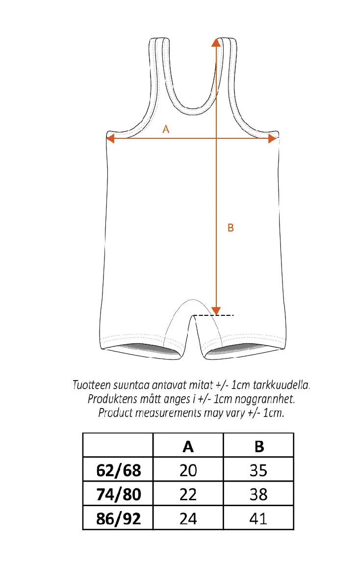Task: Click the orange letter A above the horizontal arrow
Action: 166,129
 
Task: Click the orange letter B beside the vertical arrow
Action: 231,228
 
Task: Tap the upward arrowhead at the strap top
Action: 216,43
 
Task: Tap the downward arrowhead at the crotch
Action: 216,311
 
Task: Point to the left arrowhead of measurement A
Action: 110,138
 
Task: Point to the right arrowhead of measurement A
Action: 272,138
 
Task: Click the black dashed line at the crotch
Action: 213,315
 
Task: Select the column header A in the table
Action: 188,447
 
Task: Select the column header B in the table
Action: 259,447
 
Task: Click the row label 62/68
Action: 118,470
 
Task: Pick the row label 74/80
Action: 118,494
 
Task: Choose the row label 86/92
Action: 118,519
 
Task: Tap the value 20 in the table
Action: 188,470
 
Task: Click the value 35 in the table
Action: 258,470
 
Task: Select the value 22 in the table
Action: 188,494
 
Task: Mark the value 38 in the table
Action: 258,494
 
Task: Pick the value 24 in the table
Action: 188,519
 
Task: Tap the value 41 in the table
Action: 258,519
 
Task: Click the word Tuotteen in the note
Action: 91,385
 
